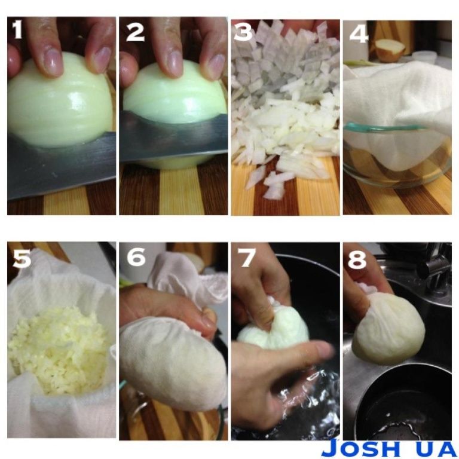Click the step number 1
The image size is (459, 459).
[17, 29]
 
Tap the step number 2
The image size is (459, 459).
[135, 32]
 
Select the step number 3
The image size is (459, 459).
[243, 31]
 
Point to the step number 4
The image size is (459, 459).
[359, 33]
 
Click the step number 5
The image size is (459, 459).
[22, 258]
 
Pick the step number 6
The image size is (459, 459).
[136, 257]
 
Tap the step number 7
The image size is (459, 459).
[247, 258]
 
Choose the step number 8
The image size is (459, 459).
[357, 259]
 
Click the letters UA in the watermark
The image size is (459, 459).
[435, 448]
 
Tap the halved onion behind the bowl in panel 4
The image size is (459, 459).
[390, 50]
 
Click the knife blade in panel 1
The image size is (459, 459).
[62, 166]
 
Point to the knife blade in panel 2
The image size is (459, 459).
[173, 136]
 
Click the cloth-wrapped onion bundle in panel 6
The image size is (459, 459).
[173, 363]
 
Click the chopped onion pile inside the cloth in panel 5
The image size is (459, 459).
[60, 350]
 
